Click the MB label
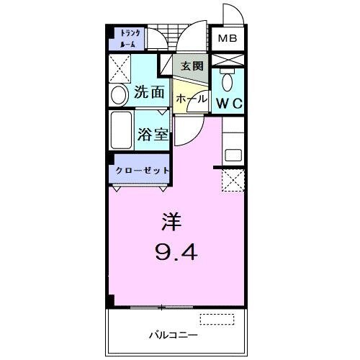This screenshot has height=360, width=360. [x=228, y=39]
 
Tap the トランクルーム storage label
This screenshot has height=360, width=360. [x=130, y=38]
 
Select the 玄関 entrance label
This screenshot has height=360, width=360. [x=192, y=66]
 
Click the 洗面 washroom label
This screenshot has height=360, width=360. [x=150, y=93]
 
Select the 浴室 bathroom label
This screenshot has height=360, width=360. [x=152, y=135]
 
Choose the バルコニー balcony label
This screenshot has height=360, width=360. [x=169, y=335]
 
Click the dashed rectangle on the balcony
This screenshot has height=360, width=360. [x=217, y=319]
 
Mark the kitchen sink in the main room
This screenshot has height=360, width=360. [x=234, y=153]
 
